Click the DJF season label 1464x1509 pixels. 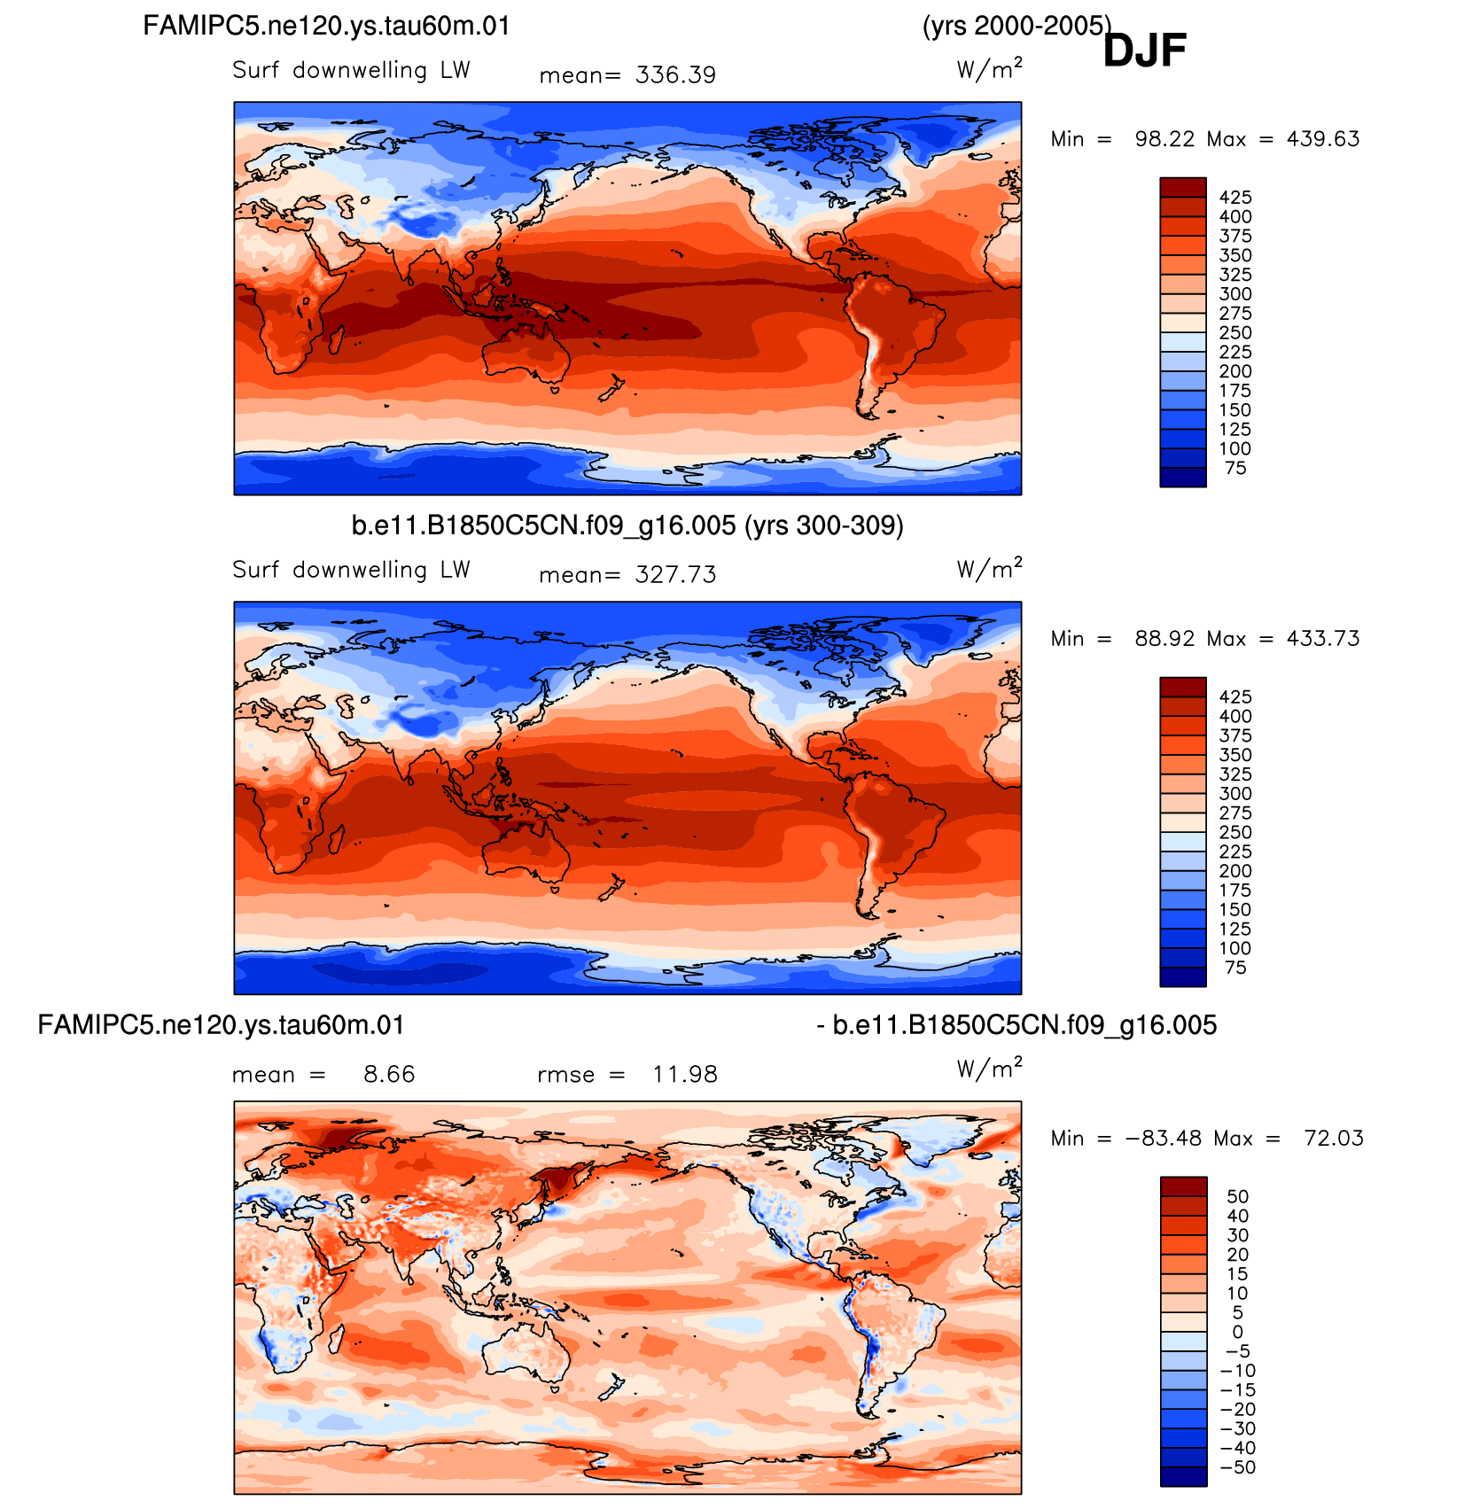coord(1144,50)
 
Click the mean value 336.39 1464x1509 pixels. coord(675,75)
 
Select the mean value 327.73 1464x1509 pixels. coord(675,575)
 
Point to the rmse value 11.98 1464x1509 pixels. coord(685,1075)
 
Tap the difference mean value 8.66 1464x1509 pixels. coord(389,1075)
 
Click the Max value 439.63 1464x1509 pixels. coord(1323,139)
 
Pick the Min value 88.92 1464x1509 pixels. coord(1164,639)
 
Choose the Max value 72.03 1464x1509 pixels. coord(1334,1139)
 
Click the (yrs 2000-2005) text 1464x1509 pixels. coord(1016,26)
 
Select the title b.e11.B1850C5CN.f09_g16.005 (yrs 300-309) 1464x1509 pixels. coord(627,525)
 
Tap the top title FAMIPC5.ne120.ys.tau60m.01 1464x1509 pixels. coord(327,26)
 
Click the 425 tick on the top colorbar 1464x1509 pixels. coord(1235,198)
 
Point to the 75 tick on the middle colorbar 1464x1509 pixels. coord(1235,968)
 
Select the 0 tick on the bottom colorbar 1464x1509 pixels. coord(1238,1332)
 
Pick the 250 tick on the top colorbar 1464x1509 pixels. coord(1235,333)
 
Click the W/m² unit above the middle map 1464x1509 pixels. coord(990,568)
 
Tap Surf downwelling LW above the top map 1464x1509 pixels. coord(351,70)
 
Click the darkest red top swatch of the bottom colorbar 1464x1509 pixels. coord(1183,1186)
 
